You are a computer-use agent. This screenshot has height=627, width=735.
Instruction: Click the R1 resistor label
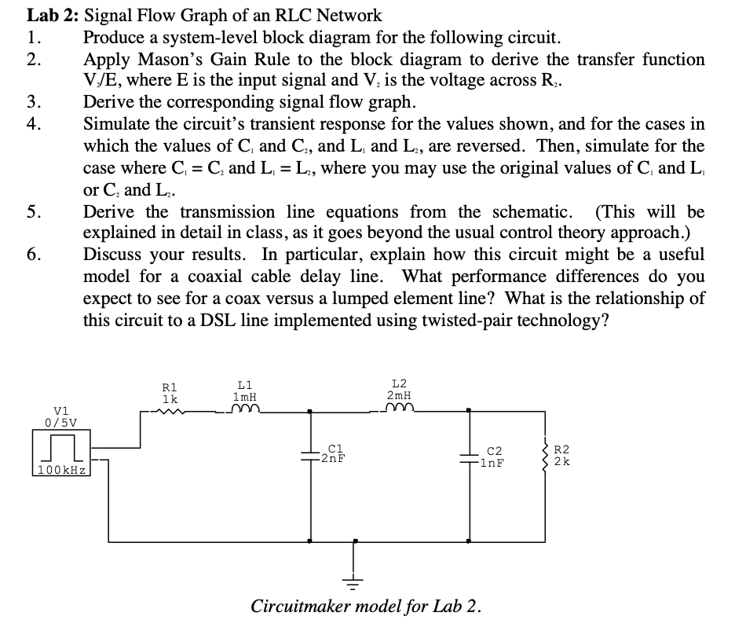tap(169, 387)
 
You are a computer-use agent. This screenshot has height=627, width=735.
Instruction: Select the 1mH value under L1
tap(245, 398)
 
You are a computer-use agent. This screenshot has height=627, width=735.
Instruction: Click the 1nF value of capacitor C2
tap(493, 463)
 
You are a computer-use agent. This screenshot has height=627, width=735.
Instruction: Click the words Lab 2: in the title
tap(52, 15)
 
